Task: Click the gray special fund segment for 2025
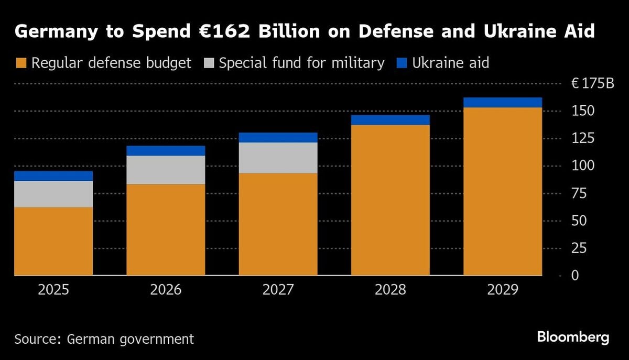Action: (53, 194)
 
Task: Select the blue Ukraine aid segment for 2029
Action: (502, 102)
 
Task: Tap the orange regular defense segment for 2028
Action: (390, 200)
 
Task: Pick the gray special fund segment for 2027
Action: (278, 158)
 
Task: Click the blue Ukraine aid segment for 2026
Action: (166, 150)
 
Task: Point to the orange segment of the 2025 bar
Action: (53, 241)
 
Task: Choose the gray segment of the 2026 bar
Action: (166, 170)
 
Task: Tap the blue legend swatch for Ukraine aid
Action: (401, 64)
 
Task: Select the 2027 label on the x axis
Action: (278, 290)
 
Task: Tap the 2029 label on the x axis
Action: (502, 290)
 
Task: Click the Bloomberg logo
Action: (573, 337)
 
